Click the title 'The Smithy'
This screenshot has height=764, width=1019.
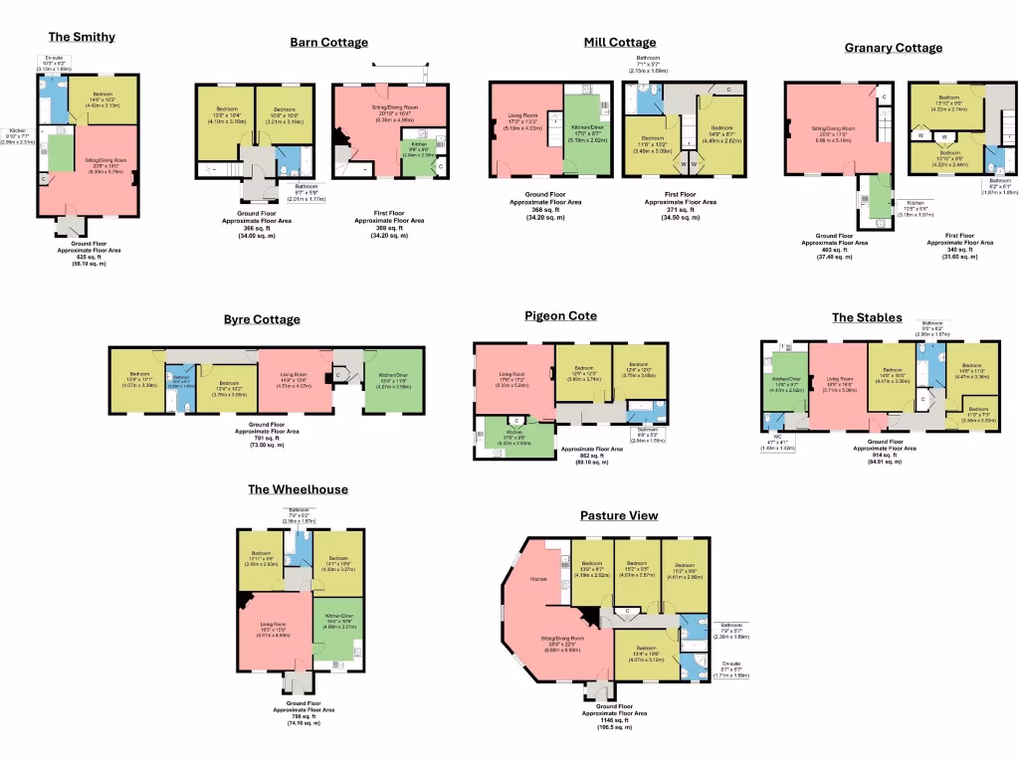point(82,37)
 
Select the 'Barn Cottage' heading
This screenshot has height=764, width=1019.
point(328,42)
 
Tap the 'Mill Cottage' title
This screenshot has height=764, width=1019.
point(619,42)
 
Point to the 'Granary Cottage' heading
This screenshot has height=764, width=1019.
point(893,47)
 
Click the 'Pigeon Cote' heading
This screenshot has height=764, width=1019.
point(560,315)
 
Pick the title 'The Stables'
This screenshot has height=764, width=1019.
point(867,317)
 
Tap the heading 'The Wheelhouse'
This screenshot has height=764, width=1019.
point(298,489)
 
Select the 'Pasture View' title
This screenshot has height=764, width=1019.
point(619,515)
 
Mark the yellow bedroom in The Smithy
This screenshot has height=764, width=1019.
point(102,99)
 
